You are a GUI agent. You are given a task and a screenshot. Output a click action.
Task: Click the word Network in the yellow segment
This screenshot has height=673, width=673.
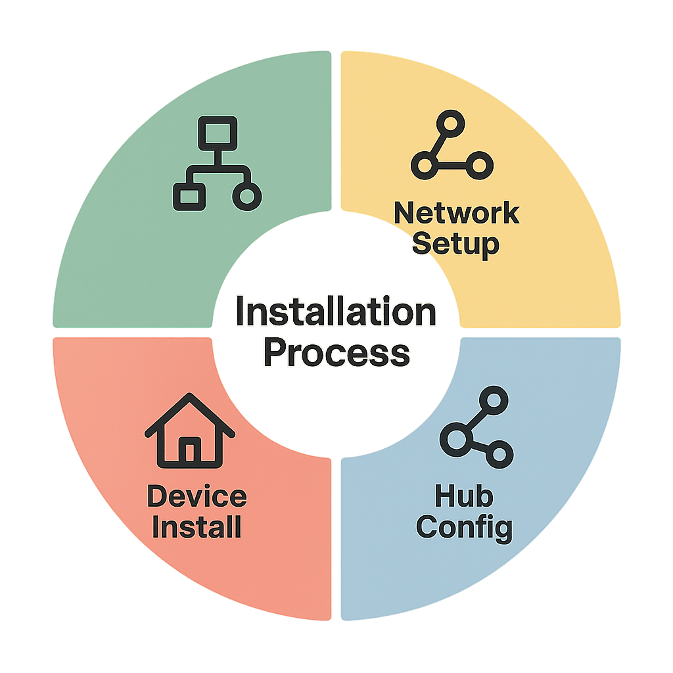[456, 214]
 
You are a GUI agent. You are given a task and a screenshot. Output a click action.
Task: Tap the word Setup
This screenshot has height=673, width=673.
[456, 244]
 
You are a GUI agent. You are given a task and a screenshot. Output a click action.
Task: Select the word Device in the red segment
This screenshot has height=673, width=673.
[197, 496]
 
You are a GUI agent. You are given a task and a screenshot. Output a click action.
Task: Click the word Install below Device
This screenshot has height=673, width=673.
[197, 526]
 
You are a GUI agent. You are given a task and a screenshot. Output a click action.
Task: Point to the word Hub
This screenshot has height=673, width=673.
[463, 496]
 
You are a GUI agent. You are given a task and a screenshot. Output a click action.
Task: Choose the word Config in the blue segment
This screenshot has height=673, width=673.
[464, 527]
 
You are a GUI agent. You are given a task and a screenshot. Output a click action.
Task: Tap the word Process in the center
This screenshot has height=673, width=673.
[336, 353]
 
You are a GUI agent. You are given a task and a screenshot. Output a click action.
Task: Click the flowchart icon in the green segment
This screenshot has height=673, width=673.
[217, 164]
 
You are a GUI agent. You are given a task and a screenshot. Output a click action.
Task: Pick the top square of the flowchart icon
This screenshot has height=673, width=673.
[218, 133]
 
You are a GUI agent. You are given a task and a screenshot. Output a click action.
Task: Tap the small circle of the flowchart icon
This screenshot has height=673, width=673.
[247, 197]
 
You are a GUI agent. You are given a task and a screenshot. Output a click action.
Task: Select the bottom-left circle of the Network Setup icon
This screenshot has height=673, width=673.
[425, 164]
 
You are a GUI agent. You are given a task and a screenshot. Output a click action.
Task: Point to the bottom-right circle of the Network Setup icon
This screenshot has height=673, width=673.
[479, 164]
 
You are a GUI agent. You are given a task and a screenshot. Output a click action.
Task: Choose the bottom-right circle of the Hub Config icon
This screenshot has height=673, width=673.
[499, 453]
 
